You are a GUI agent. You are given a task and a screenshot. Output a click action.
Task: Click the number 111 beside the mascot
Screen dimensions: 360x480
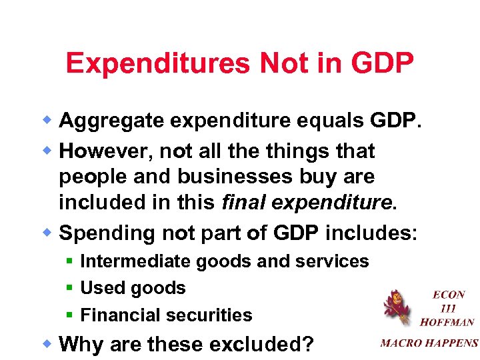448,307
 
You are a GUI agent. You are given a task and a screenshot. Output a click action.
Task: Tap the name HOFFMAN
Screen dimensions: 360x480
447,321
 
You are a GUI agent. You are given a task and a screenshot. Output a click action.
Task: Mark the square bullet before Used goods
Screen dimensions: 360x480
69,288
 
